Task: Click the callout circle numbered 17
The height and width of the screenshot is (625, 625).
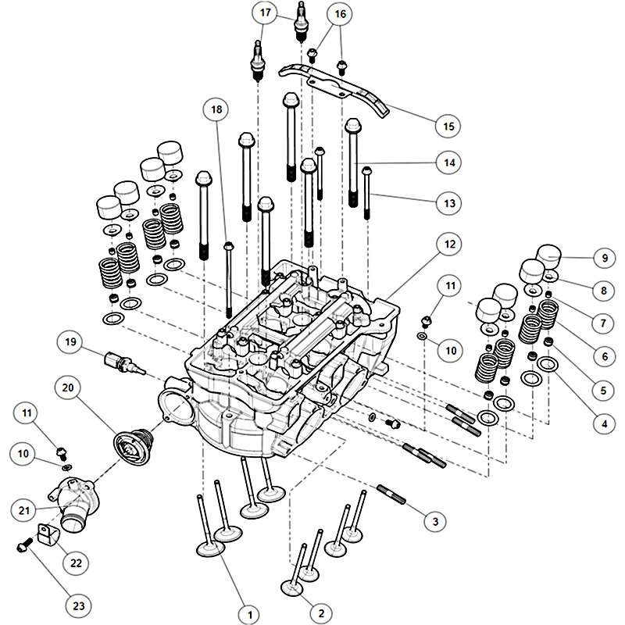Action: click(265, 12)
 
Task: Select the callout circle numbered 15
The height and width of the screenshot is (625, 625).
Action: click(448, 125)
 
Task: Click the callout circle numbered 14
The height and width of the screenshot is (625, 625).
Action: click(448, 162)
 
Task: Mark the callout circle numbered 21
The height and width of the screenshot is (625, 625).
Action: click(25, 509)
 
